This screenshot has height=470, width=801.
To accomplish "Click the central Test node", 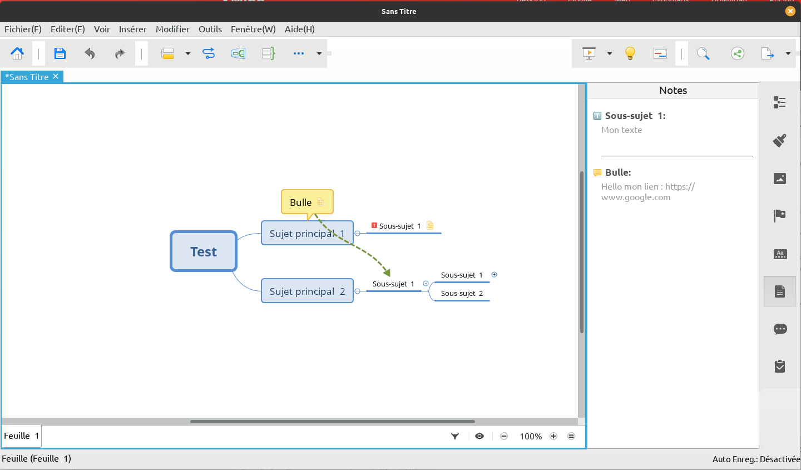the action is pos(204,251).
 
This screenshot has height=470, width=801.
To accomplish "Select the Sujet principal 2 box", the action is pos(307,291).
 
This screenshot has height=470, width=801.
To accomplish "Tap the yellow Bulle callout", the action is pos(307,202).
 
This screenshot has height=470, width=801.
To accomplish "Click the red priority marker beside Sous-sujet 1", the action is pos(374,225).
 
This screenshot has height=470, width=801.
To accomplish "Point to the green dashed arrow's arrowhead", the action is pos(387,273).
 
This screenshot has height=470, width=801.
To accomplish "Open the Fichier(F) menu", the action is pos(23,29).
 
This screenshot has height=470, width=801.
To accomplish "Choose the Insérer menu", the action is pos(132,29).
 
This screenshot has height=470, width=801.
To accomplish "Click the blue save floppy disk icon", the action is pos(60,53).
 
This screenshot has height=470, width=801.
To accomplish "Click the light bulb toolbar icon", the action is pos(630,53).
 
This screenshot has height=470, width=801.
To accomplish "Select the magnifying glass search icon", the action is pos(703,53).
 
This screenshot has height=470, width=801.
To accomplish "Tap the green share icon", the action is pos(738,53).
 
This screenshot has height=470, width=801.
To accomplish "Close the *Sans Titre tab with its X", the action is pos(56,76).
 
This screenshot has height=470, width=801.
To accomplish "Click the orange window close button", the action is pos(790,11).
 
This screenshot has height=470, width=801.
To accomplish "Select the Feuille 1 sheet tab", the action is pos(22,436).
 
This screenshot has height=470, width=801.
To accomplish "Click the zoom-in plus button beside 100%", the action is pos(553,436).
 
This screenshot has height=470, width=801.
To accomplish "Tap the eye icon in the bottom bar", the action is pos(479,436).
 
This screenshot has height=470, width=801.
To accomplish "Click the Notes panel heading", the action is pos(673,90).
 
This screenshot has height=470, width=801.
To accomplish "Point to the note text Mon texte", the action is pos(621,130).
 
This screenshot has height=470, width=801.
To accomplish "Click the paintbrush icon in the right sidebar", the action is pos(780,140).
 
